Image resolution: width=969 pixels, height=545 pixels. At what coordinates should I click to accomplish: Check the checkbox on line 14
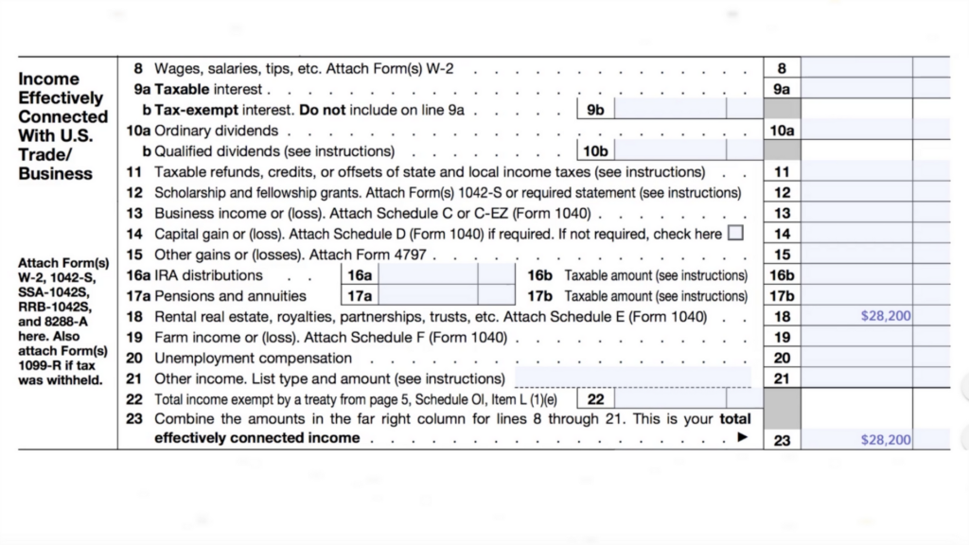[735, 233]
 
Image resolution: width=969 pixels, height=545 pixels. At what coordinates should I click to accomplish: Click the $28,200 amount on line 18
[886, 316]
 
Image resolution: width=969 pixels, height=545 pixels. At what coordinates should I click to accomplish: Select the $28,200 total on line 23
[886, 440]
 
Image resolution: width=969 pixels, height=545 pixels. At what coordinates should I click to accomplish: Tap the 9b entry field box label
[595, 110]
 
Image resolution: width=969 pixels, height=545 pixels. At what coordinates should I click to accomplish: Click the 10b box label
[595, 151]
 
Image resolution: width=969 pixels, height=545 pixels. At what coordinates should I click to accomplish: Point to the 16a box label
[360, 275]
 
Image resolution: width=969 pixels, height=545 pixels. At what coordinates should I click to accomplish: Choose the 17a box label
[360, 296]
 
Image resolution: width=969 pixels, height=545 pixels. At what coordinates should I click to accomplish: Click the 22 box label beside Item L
[595, 399]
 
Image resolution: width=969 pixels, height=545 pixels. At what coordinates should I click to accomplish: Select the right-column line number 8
[782, 68]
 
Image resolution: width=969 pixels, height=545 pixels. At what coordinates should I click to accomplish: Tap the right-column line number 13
[782, 214]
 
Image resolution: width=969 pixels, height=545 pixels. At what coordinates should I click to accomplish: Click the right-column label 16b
[782, 275]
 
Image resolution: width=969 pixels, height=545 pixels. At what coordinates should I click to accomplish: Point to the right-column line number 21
[782, 378]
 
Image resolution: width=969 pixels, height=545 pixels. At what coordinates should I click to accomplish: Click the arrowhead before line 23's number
[743, 438]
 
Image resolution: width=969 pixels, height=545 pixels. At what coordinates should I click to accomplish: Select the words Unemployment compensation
[253, 358]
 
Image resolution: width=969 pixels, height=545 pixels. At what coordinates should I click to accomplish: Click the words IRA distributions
[208, 275]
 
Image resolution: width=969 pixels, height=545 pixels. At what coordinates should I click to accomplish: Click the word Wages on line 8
[175, 68]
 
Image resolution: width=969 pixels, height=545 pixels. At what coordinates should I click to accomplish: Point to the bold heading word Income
[49, 79]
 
